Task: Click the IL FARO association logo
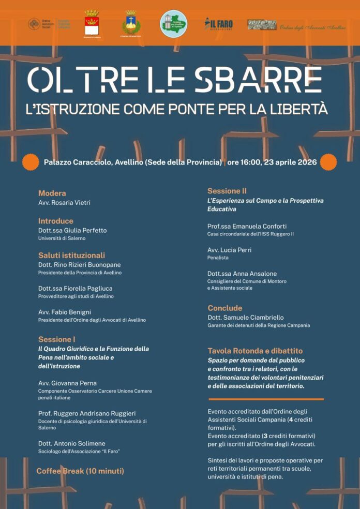click(218, 23)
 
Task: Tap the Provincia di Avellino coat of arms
click(92, 23)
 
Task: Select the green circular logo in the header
click(173, 23)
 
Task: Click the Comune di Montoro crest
click(130, 23)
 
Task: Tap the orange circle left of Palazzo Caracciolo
click(31, 162)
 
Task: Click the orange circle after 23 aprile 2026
click(328, 162)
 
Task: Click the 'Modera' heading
click(52, 193)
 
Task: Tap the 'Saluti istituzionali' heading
click(71, 255)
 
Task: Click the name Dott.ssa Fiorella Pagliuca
click(75, 288)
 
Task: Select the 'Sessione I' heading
click(57, 339)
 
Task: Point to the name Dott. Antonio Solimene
click(71, 443)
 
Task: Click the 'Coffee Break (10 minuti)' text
click(80, 471)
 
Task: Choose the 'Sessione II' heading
click(227, 191)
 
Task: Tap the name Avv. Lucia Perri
click(229, 250)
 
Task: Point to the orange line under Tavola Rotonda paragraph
click(266, 399)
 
